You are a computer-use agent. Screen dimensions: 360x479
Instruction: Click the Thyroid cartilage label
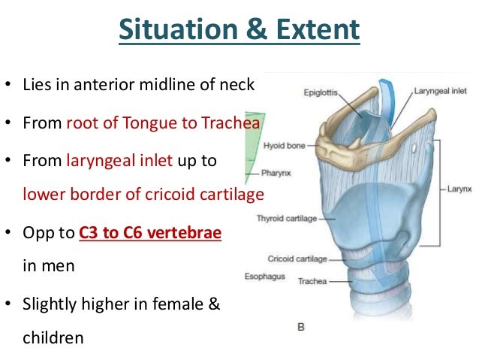(x=287, y=219)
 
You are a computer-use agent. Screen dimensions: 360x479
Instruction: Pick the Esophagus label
(x=263, y=277)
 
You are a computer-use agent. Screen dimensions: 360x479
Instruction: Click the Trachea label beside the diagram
(x=312, y=281)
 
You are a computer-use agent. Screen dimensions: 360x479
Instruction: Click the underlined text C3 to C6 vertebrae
(x=150, y=233)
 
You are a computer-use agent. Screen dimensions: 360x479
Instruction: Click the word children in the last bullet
(x=53, y=339)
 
